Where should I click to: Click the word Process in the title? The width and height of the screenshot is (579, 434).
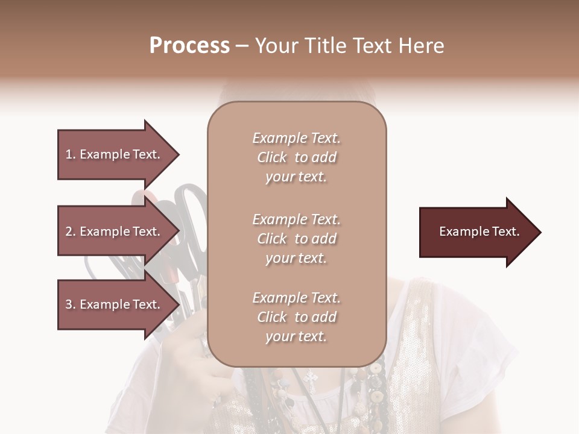pyautogui.click(x=189, y=46)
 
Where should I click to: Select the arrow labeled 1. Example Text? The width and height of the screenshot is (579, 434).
pyautogui.click(x=115, y=154)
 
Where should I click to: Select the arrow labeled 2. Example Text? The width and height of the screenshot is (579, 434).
pyautogui.click(x=115, y=231)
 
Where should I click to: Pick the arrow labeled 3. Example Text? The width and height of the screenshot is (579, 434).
pyautogui.click(x=115, y=304)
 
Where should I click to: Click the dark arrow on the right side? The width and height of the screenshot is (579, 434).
pyautogui.click(x=476, y=232)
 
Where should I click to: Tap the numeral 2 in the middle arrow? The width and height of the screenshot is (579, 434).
pyautogui.click(x=69, y=231)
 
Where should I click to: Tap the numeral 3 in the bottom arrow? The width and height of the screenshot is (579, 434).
pyautogui.click(x=69, y=304)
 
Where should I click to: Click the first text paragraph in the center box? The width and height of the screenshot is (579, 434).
pyautogui.click(x=296, y=157)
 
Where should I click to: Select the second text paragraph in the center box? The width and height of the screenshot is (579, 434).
pyautogui.click(x=296, y=239)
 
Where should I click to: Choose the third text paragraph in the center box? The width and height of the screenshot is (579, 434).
pyautogui.click(x=296, y=317)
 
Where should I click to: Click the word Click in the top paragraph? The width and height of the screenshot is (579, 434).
pyautogui.click(x=272, y=157)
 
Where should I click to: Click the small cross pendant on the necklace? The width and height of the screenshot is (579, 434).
pyautogui.click(x=311, y=379)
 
